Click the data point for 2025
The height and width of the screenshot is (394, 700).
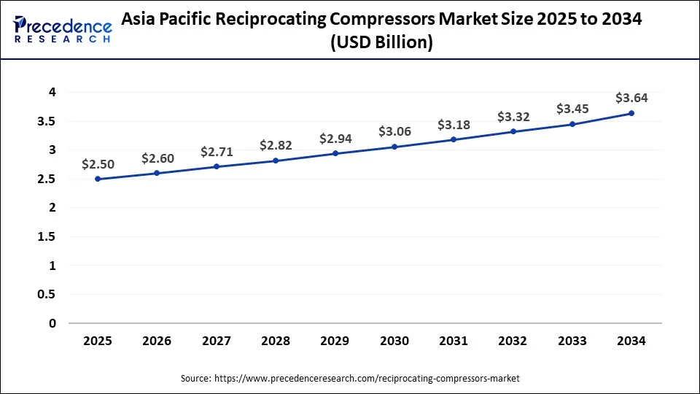tap(98, 179)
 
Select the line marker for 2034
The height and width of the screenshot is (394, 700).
tap(631, 113)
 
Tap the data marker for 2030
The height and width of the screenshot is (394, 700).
tap(394, 147)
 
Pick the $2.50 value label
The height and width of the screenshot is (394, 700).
tap(98, 163)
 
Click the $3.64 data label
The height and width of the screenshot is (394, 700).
tap(631, 98)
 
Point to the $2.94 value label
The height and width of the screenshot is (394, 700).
tap(335, 139)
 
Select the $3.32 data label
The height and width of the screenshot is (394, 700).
tap(513, 117)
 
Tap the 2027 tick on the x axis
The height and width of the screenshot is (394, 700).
tap(217, 340)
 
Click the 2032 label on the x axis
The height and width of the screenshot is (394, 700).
tap(513, 340)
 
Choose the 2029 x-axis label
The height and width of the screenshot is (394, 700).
tap(335, 340)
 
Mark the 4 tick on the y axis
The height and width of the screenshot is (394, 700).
tap(52, 92)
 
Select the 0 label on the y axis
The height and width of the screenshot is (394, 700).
tap(52, 323)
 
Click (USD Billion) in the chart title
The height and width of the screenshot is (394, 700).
tap(381, 43)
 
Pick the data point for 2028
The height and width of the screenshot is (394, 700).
tap(276, 161)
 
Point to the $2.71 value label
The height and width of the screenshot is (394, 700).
tap(217, 152)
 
